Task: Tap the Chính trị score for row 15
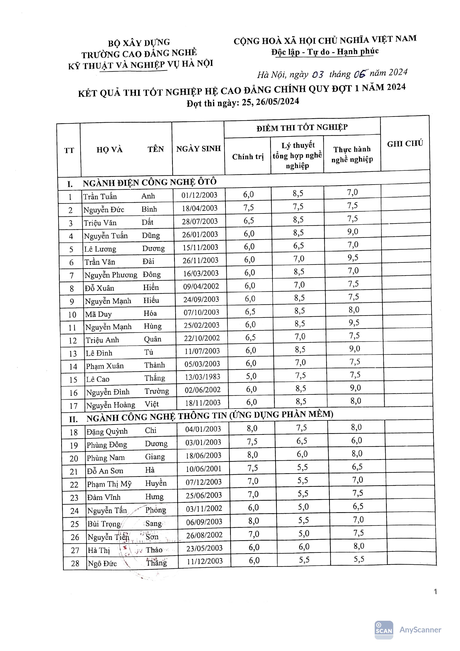coord(251,376)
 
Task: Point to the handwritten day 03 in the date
coord(318,75)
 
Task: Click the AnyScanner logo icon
coord(384,630)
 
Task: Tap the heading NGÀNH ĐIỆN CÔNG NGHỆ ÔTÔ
coord(150,182)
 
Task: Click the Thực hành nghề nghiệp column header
coord(352,154)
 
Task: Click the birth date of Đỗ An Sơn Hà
coord(203,469)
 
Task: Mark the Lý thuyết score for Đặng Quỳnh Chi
coord(301,428)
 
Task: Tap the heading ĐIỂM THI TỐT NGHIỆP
coord(302,128)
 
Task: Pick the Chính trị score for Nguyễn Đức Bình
coord(248,208)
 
